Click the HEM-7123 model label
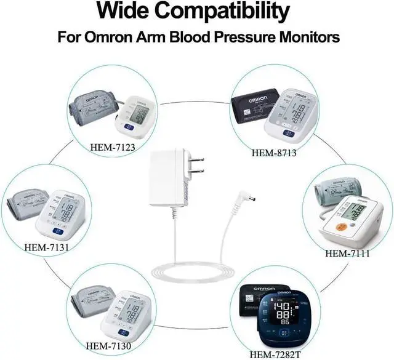pos(111,146)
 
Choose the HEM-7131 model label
pos(46,247)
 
